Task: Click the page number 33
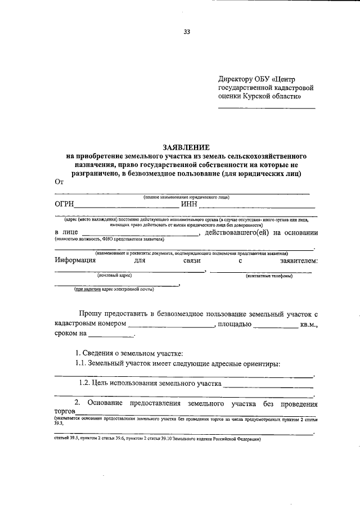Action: pos(186,32)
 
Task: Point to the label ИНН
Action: pos(188,204)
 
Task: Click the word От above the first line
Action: pos(59,181)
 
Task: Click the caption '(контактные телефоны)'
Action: pos(268,276)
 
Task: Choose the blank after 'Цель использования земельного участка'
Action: pos(268,385)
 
